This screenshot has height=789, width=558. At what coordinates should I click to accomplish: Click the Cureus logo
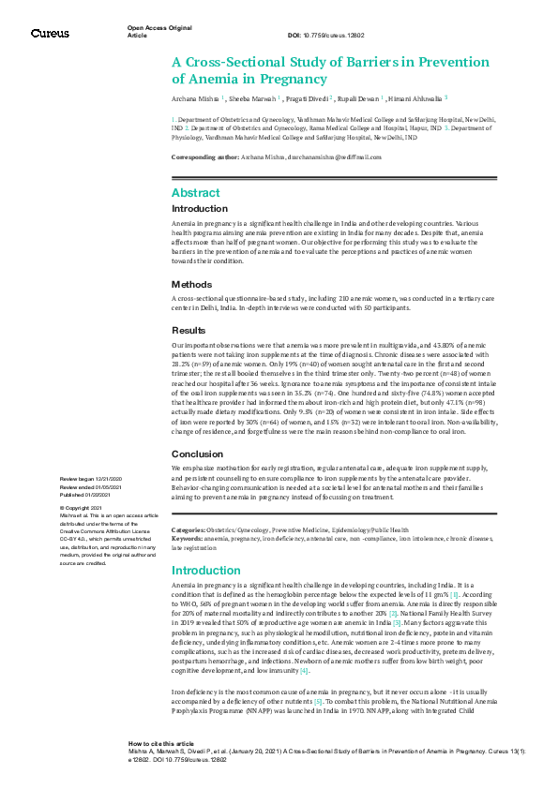point(50,34)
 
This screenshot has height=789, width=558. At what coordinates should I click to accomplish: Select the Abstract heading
point(195,192)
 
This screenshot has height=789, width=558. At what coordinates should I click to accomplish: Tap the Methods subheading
point(192,284)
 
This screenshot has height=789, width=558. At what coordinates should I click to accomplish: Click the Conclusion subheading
point(198,454)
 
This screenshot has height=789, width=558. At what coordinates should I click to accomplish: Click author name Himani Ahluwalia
point(413,97)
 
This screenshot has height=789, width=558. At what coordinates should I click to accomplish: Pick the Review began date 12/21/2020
point(111,479)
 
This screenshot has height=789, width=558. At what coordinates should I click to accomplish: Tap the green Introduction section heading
point(205,570)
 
